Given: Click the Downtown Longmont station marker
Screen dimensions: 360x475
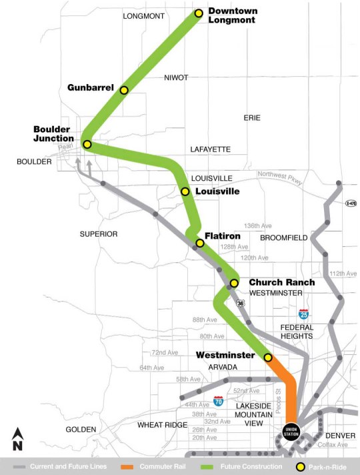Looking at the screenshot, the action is [x=199, y=13].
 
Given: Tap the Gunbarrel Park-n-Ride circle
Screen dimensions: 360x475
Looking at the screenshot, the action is [x=123, y=89].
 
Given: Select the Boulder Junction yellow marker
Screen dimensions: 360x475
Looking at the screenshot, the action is [x=87, y=143].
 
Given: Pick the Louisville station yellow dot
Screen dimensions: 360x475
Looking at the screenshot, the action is [x=185, y=191].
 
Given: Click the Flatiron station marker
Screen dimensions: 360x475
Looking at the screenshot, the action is [x=200, y=243].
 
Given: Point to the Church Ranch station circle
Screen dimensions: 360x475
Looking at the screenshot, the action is [x=234, y=283].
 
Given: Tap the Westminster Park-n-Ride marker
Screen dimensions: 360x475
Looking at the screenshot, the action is [x=268, y=358].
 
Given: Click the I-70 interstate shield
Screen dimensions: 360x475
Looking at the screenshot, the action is [x=218, y=400].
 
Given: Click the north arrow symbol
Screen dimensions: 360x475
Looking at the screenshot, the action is [x=17, y=438].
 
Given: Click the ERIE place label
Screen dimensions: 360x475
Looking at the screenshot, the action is [x=251, y=117].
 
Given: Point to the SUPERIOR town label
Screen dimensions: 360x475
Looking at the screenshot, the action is [x=99, y=234].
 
